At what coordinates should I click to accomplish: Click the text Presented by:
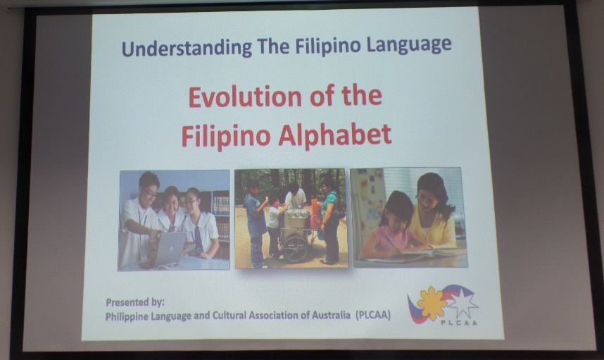134,302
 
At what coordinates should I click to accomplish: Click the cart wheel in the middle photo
295,248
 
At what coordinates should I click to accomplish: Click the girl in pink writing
392,225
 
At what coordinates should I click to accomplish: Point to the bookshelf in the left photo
220,211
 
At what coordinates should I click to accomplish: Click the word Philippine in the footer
130,316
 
